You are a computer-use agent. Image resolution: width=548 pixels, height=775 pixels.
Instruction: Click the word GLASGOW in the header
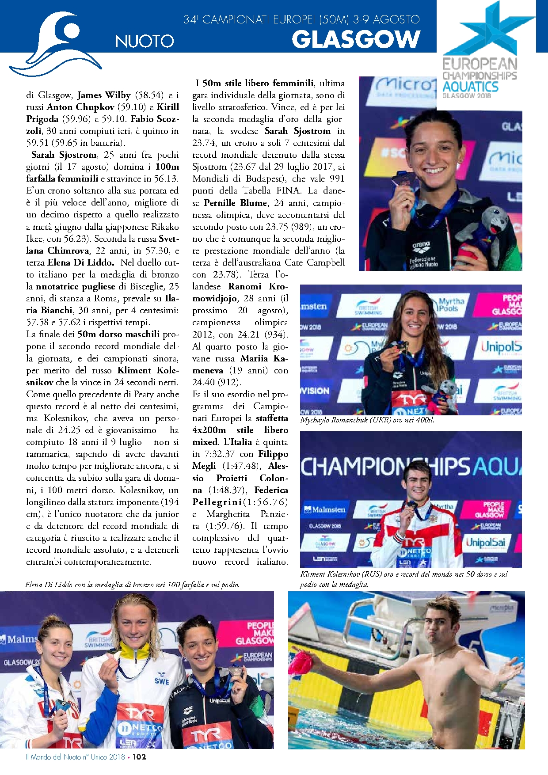click(356, 39)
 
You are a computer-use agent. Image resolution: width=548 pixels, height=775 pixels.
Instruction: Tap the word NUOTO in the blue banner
click(145, 41)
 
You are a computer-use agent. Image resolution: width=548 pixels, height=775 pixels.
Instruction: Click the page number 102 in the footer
click(139, 757)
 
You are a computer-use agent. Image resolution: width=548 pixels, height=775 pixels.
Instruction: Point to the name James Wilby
click(104, 95)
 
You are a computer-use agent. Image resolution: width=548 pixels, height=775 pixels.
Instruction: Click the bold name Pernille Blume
click(236, 203)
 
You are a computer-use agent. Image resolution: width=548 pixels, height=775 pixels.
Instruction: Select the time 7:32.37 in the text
click(220, 454)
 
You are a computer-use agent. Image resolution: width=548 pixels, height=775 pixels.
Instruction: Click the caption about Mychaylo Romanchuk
click(367, 420)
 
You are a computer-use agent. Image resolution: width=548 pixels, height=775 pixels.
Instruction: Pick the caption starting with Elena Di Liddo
click(133, 585)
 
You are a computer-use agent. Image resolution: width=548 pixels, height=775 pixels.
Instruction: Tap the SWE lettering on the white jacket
click(162, 681)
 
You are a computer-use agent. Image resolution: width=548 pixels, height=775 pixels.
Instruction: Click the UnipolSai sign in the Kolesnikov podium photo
click(486, 543)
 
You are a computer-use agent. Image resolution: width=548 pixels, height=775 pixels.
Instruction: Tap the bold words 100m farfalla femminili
click(103, 173)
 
